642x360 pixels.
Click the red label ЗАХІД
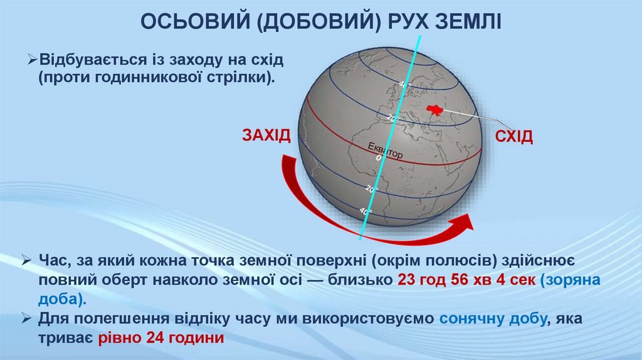pyautogui.click(x=266, y=135)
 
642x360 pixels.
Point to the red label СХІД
pyautogui.click(x=514, y=137)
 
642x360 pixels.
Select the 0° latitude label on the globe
pyautogui.click(x=378, y=159)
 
